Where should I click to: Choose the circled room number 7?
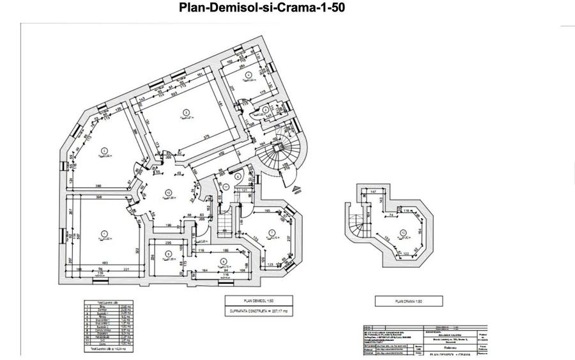click(x=272, y=232)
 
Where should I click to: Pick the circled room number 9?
click(x=167, y=254)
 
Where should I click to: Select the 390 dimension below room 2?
click(x=98, y=185)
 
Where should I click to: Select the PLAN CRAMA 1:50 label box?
click(x=401, y=300)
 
